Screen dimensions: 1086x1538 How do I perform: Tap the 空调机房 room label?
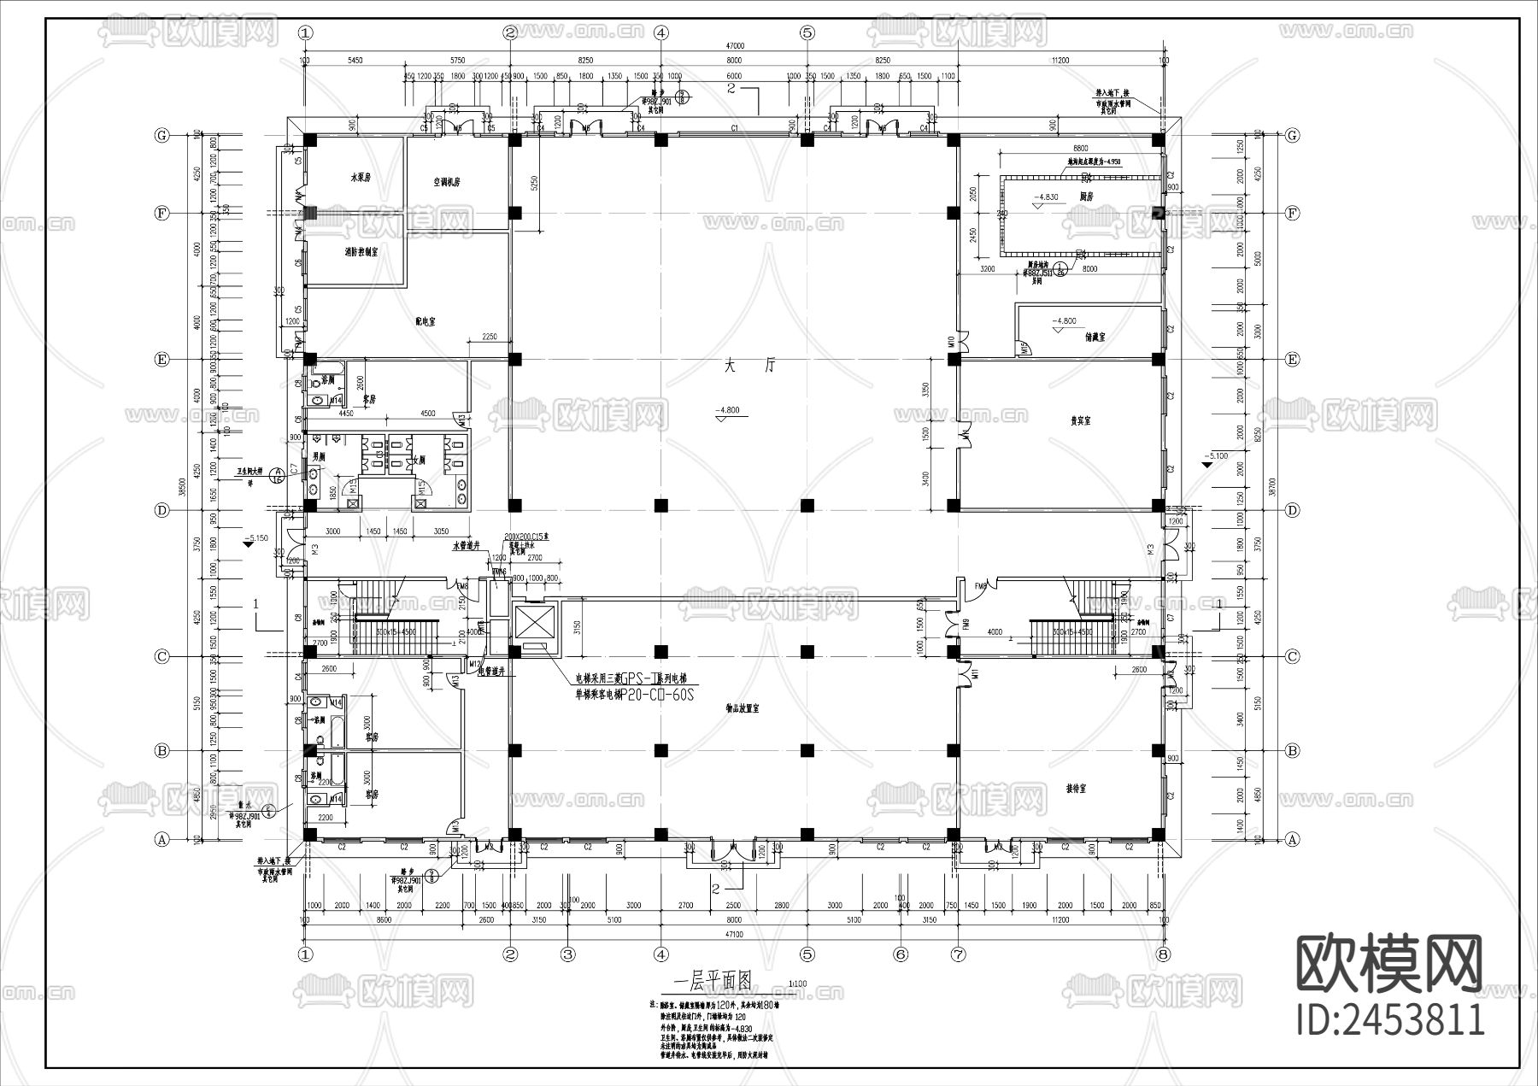coord(446,182)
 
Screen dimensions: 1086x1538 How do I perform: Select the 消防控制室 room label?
coord(361,253)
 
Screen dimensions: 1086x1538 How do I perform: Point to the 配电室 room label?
coord(425,321)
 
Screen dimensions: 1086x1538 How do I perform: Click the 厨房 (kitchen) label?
coord(1086,196)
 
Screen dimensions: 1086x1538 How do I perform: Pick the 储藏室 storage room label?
coord(1095,338)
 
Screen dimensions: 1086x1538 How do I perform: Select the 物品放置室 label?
coord(742,708)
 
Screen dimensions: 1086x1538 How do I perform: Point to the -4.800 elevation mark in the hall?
coord(729,410)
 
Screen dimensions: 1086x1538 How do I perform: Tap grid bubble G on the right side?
coord(1292,136)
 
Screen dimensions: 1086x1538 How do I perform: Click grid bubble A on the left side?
coord(161,840)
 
